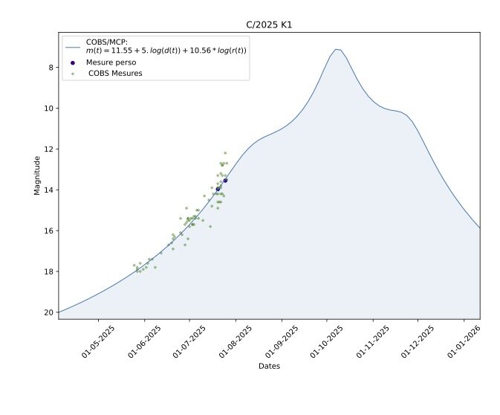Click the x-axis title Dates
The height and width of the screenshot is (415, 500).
(268, 366)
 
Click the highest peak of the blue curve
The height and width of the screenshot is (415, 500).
(337, 49)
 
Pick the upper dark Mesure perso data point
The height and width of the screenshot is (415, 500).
(225, 180)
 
